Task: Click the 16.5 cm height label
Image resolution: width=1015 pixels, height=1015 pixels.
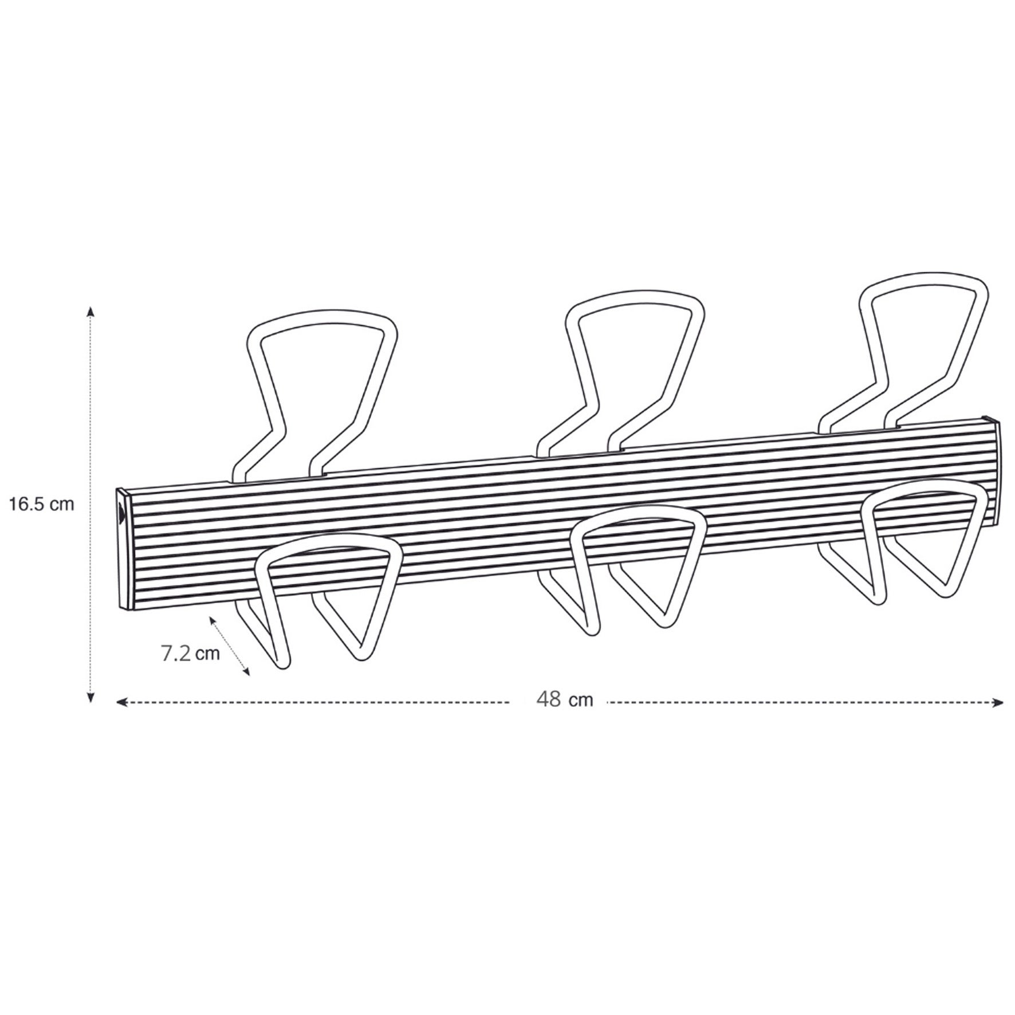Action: pos(41,505)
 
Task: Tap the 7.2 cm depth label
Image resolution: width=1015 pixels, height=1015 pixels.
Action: pos(191,654)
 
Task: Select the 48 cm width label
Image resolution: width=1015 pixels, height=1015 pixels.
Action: pos(565,699)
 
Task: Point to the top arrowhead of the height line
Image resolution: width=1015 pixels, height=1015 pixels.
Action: pos(91,312)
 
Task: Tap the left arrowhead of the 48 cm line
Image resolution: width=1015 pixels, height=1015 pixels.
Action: pos(122,702)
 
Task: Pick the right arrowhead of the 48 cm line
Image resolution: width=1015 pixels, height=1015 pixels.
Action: pos(998,702)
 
